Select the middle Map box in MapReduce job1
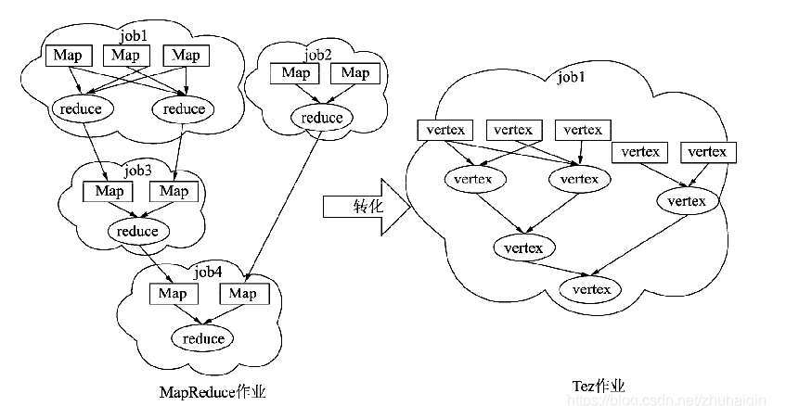(126, 56)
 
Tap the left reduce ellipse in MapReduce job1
(82, 108)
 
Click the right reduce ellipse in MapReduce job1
(184, 108)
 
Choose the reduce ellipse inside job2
(320, 118)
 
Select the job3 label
(138, 171)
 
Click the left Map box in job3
(108, 191)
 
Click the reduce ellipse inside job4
(202, 338)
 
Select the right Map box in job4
(243, 294)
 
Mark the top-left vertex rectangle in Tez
(446, 130)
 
